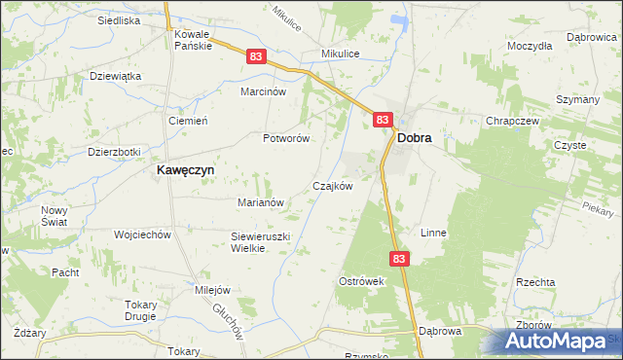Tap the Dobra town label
click(415, 139)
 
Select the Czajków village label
click(331, 185)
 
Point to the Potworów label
click(286, 138)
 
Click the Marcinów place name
click(263, 91)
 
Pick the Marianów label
click(260, 202)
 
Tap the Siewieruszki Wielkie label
click(261, 242)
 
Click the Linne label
click(433, 234)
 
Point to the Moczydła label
click(530, 46)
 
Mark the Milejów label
click(212, 290)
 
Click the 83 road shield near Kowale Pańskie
click(255, 58)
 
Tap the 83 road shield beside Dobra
click(382, 120)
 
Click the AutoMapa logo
click(558, 342)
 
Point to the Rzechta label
click(535, 281)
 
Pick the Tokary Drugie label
click(141, 310)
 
